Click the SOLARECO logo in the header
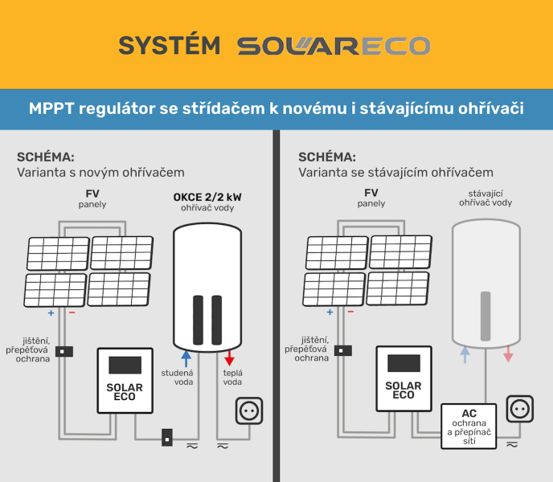[x=334, y=46]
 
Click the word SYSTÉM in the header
[x=169, y=46]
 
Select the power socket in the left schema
[x=248, y=411]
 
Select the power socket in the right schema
[x=518, y=408]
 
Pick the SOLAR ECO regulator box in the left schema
[x=125, y=380]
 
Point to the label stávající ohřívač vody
[x=485, y=198]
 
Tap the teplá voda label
[x=232, y=377]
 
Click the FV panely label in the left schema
[x=92, y=198]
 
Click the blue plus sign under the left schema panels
[x=51, y=313]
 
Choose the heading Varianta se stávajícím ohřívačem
[x=395, y=172]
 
